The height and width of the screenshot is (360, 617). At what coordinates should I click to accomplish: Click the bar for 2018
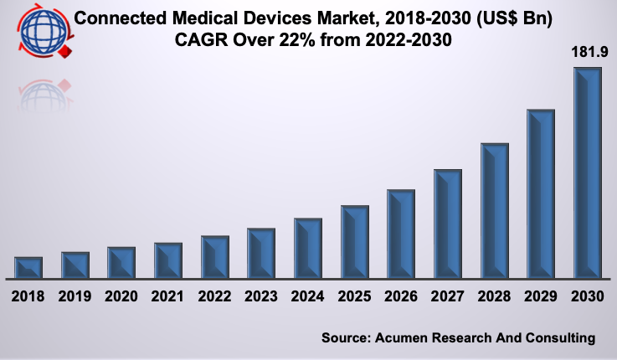(28, 267)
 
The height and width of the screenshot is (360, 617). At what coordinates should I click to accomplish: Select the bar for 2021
(168, 260)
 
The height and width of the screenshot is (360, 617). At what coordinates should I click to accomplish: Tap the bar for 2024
(308, 248)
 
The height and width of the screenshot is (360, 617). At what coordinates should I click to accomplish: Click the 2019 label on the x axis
(75, 296)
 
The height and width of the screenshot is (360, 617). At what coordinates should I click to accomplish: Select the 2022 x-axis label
(215, 296)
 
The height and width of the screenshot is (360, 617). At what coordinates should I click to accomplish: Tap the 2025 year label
(355, 296)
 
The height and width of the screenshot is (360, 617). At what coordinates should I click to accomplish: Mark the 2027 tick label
(448, 296)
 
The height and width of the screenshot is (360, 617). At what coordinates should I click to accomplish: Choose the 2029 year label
(541, 296)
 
